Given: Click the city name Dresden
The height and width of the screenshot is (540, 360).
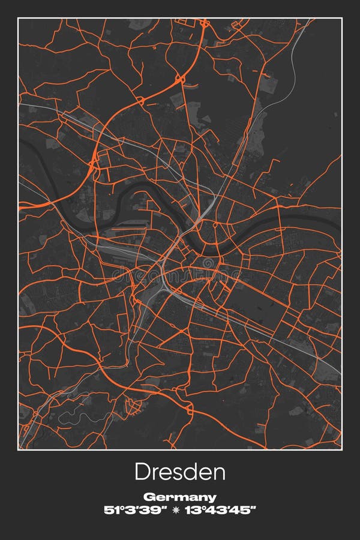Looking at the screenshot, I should pos(180,472).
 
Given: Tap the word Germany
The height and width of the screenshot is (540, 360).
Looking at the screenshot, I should pos(180,497).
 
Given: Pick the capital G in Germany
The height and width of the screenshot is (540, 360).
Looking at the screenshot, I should pos(148,497).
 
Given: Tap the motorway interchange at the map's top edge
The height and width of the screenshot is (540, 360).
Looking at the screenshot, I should pos(205,23).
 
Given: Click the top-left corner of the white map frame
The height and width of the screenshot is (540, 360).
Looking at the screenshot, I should pos(19,19).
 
